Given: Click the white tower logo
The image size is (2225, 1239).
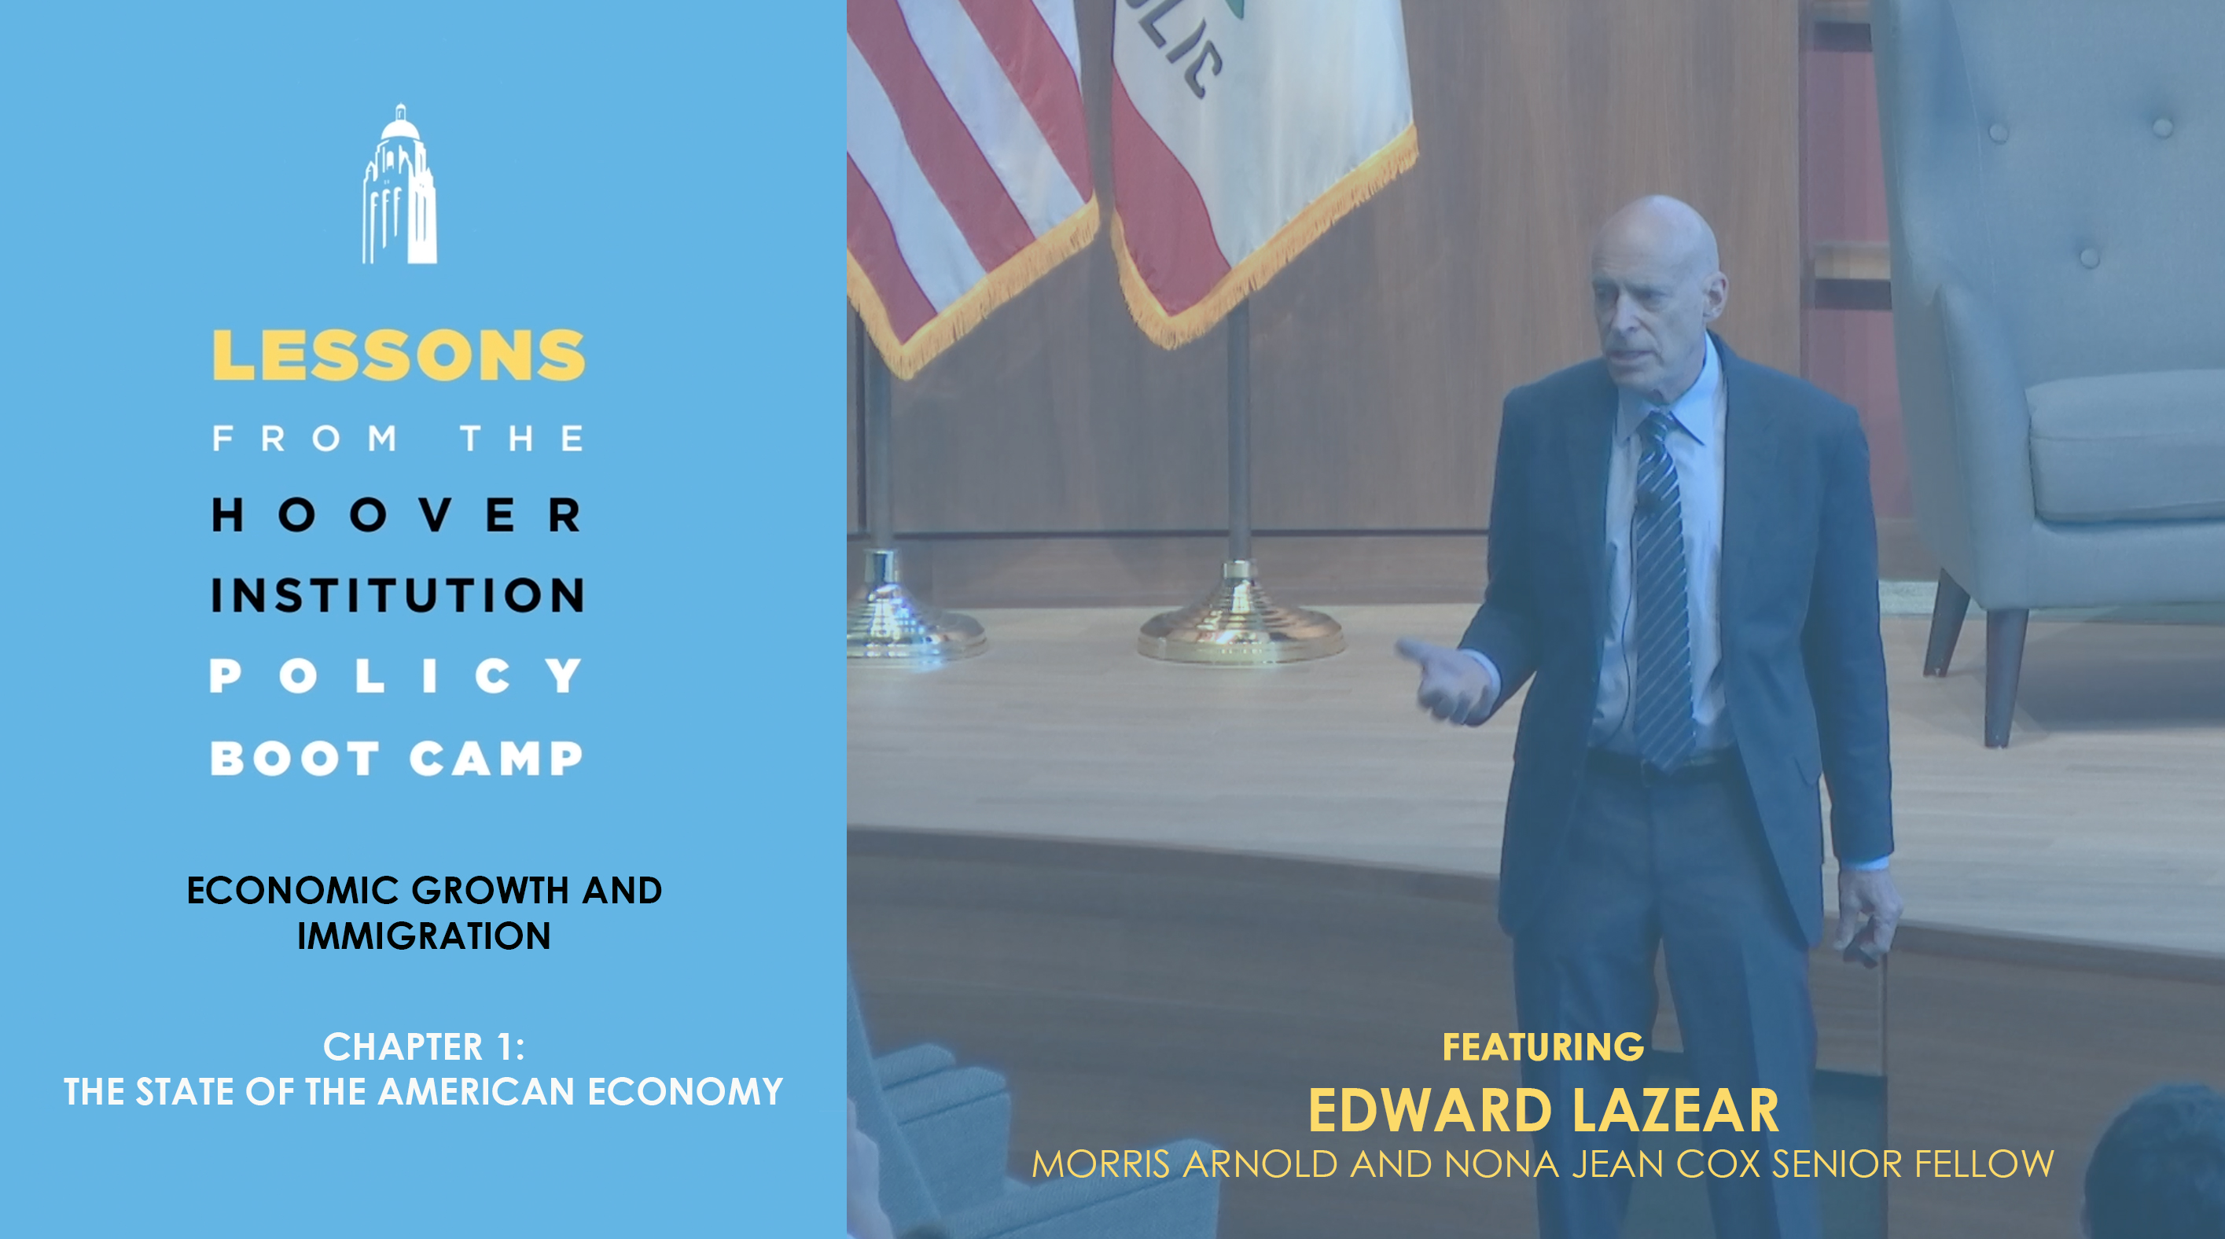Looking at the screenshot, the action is [399, 184].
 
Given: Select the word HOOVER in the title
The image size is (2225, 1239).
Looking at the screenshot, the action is [397, 515].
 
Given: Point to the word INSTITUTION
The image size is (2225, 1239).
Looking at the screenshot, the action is [397, 595].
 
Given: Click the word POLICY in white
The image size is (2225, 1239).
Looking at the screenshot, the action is [396, 675].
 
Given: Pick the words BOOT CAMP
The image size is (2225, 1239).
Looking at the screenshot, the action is [396, 758].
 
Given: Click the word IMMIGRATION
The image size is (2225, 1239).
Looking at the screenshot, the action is [424, 936].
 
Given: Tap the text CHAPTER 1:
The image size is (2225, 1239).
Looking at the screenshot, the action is [424, 1046].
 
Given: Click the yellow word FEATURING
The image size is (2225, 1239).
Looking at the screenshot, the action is [1543, 1046].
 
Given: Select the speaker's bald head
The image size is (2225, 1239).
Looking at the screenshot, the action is [1657, 250].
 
